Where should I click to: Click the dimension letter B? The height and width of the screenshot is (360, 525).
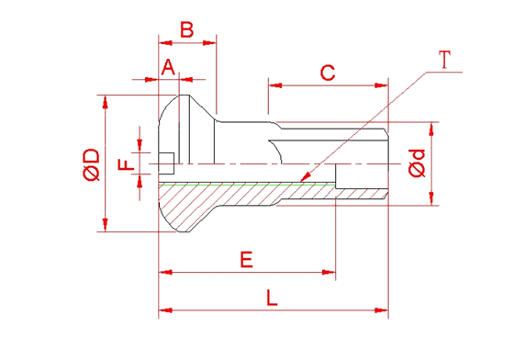click(x=187, y=29)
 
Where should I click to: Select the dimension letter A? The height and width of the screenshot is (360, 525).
click(x=168, y=67)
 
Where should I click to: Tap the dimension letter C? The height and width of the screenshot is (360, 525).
click(x=328, y=73)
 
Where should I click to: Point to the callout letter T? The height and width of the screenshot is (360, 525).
click(x=444, y=60)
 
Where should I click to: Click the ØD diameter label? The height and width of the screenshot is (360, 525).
click(x=92, y=164)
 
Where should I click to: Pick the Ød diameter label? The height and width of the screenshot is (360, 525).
click(x=417, y=163)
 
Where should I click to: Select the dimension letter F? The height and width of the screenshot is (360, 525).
click(x=126, y=164)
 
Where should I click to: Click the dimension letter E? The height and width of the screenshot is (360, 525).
click(x=246, y=260)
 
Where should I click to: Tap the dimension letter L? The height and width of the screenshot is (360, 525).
click(x=272, y=298)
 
